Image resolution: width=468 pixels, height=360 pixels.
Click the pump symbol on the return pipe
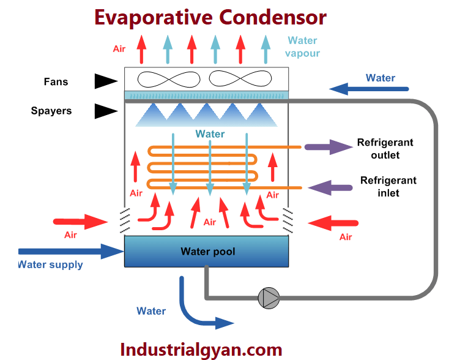tap(269, 298)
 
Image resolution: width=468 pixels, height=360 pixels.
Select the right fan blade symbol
tap(239, 79)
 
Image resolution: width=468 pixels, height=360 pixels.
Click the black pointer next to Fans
tap(105, 81)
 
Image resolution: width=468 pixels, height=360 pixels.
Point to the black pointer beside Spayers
tap(105, 111)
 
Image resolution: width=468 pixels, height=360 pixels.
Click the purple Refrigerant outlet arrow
tap(326, 147)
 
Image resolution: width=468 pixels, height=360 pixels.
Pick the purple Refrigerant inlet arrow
tap(329, 187)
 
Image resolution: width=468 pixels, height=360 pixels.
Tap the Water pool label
tap(207, 252)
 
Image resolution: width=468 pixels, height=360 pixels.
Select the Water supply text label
tap(50, 265)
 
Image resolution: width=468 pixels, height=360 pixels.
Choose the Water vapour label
tap(302, 47)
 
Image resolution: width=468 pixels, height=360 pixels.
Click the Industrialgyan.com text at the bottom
tap(201, 349)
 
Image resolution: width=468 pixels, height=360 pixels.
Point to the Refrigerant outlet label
tap(385, 149)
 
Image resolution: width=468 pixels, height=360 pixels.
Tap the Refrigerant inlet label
tap(388, 187)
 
